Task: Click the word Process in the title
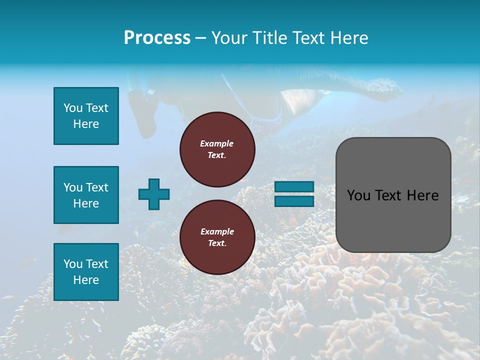coord(157,38)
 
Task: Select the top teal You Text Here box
coord(86,116)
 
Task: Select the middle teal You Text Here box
coord(86,195)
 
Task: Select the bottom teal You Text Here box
coord(86,271)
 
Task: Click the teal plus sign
coord(154,194)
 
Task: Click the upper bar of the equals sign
coord(294,186)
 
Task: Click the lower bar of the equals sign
coord(294,201)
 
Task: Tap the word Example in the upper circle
coord(216,143)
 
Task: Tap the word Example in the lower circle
coord(217,231)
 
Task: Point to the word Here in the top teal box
coord(86,124)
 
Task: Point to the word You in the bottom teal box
coord(72,264)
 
